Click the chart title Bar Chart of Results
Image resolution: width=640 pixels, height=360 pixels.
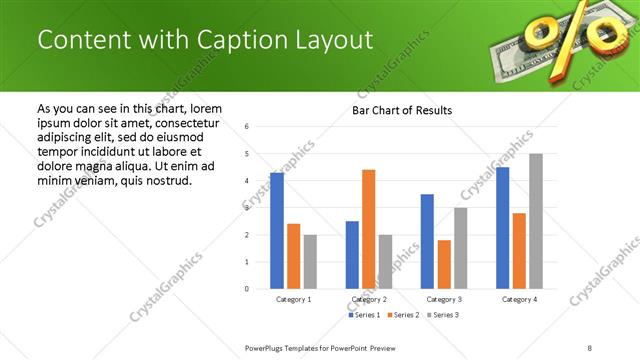(x=401, y=110)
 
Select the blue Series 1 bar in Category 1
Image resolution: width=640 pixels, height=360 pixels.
(x=277, y=230)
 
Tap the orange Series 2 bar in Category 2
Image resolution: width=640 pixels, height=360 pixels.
(x=368, y=229)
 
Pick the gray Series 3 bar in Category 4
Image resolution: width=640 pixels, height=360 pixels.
(x=536, y=221)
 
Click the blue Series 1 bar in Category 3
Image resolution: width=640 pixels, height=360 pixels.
(x=427, y=241)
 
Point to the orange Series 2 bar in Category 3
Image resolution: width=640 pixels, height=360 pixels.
(x=444, y=264)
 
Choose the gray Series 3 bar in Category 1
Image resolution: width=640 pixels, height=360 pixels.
(x=310, y=261)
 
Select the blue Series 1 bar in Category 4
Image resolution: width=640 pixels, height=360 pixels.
(x=502, y=228)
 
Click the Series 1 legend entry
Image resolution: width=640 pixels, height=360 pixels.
(x=363, y=315)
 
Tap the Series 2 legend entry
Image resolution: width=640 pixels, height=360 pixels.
(x=404, y=315)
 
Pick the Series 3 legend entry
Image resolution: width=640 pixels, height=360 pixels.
(x=444, y=315)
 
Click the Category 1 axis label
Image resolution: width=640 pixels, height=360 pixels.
(x=293, y=299)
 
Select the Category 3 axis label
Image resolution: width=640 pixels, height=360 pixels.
(x=444, y=299)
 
